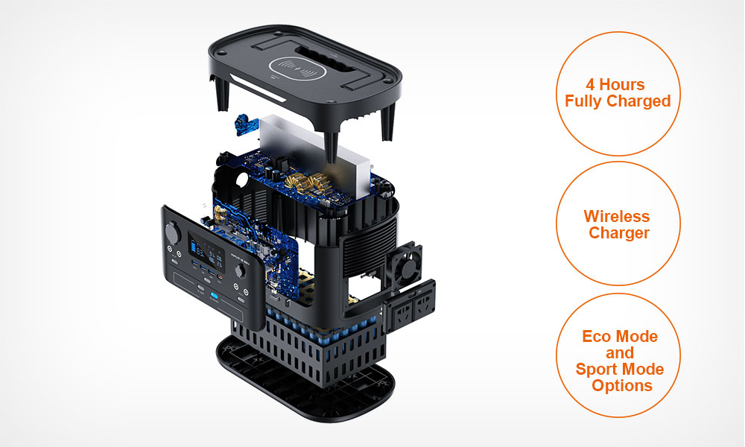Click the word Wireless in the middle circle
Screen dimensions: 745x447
pos(617,217)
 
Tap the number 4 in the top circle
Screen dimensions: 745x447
pos(590,84)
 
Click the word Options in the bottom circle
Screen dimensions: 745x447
pos(622,386)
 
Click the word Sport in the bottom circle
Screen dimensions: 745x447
pos(597,370)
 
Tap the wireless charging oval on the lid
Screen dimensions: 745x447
pos(297,69)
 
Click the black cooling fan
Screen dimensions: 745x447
pos(404,264)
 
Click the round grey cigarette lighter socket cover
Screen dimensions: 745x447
pos(171,232)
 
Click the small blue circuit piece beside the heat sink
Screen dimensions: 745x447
pos(246,124)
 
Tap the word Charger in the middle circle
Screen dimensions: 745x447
pos(619,233)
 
